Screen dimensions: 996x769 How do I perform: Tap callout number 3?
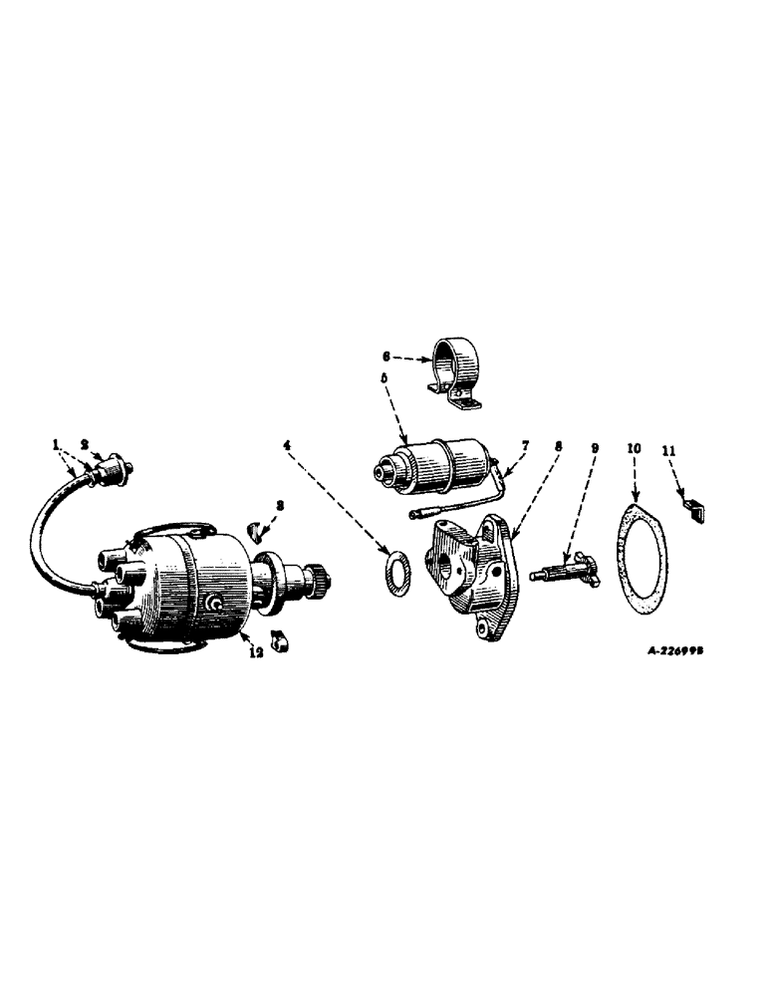tap(280, 506)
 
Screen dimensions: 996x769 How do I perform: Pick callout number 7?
tap(526, 445)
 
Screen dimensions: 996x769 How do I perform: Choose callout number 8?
tap(559, 447)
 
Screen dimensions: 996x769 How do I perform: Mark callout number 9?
tap(595, 448)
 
